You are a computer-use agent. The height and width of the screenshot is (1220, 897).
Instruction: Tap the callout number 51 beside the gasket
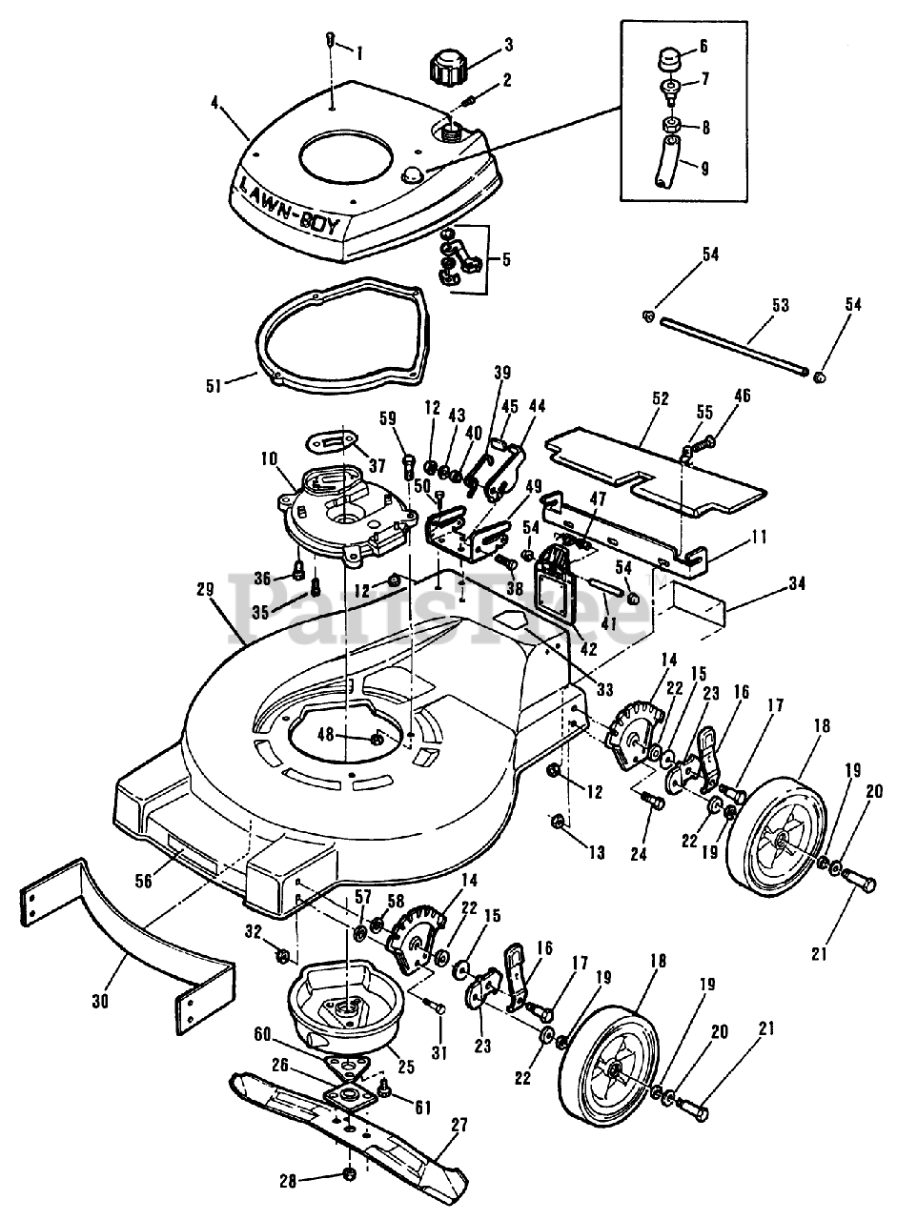click(213, 385)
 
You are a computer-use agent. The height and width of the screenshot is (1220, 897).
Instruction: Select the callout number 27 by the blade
click(459, 1125)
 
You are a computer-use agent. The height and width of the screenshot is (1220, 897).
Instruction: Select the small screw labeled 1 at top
click(330, 40)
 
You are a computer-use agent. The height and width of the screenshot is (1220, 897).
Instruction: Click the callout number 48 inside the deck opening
click(353, 734)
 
